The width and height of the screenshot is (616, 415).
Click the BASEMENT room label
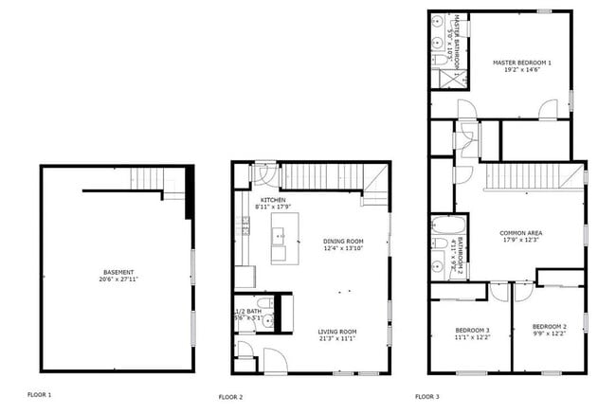click(118, 272)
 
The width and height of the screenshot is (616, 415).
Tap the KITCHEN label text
click(274, 200)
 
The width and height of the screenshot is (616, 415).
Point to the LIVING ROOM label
click(336, 331)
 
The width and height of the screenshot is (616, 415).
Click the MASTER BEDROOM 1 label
click(521, 63)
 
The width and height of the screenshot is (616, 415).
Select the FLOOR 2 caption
click(230, 396)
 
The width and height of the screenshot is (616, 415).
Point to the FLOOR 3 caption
click(426, 396)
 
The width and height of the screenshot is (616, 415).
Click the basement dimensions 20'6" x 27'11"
click(118, 280)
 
